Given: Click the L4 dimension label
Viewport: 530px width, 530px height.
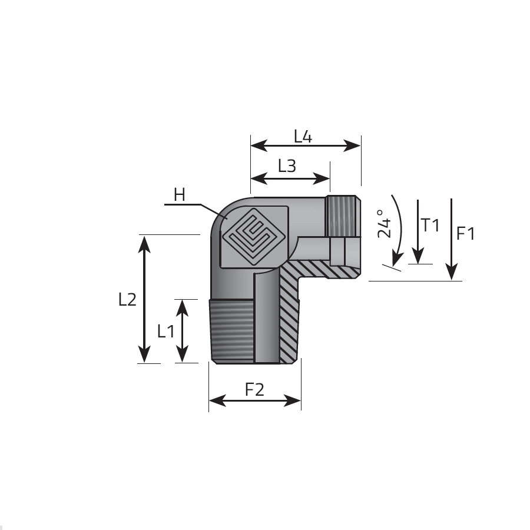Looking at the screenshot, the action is [303, 136].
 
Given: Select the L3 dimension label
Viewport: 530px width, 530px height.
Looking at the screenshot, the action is [287, 165].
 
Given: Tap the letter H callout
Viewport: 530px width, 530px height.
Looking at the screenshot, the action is [180, 195].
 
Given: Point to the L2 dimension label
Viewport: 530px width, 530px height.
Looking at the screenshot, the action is [127, 300].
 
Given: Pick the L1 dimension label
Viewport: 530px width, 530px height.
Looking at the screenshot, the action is [165, 331].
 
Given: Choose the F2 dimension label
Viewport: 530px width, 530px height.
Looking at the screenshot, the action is [254, 389].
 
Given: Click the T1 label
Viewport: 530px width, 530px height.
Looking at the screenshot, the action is [430, 225].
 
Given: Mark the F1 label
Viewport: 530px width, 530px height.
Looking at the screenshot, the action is [465, 233].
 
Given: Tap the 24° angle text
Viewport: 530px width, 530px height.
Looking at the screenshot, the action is [384, 223].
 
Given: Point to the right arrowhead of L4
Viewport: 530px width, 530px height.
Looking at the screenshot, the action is [352, 145].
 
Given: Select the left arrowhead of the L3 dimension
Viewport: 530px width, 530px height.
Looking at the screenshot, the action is [259, 178].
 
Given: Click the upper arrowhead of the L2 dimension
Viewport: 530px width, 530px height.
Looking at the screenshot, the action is [144, 244].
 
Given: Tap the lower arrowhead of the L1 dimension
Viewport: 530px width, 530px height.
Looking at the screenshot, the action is [182, 354].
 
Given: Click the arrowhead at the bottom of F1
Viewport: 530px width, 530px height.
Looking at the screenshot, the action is [452, 271].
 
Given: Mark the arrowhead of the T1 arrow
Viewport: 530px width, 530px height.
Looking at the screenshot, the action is [418, 256].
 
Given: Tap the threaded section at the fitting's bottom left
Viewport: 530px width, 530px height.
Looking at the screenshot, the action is [231, 330].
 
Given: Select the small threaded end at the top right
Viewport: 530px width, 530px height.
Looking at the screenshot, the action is [343, 216].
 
